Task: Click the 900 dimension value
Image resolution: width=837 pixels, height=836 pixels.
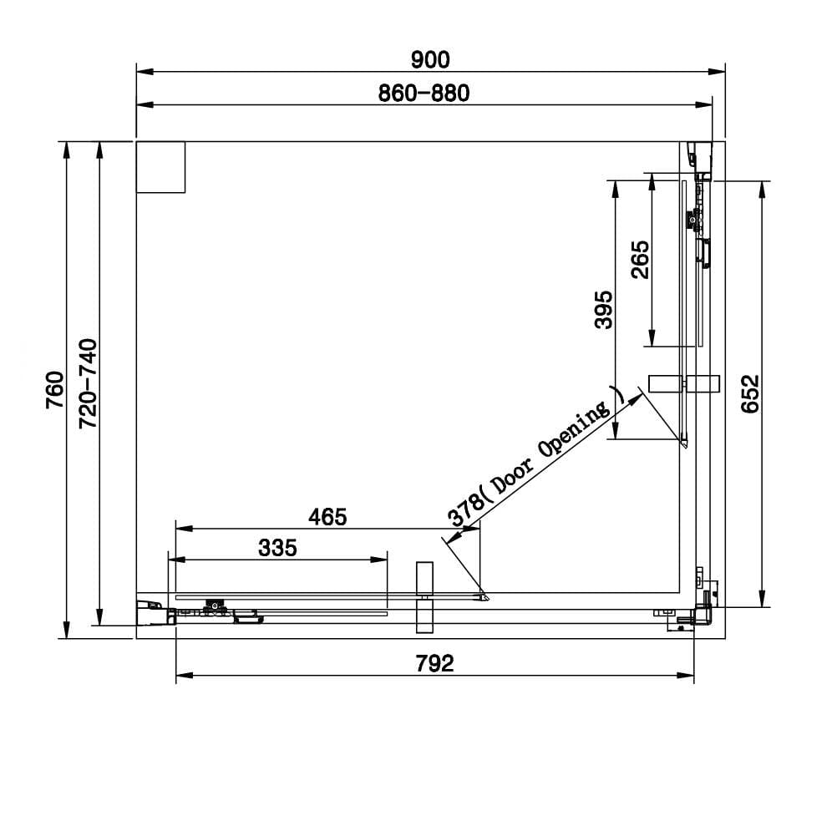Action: (430, 60)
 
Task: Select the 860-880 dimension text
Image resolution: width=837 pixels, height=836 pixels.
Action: (424, 94)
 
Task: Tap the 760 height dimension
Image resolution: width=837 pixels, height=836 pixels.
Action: (55, 390)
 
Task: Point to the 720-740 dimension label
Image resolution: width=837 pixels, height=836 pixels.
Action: (88, 383)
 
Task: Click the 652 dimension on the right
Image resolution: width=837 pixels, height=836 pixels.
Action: (750, 394)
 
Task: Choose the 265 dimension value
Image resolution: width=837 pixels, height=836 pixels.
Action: (640, 260)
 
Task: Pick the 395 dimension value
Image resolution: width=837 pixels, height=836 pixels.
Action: (604, 310)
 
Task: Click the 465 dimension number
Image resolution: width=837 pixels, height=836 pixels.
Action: (327, 517)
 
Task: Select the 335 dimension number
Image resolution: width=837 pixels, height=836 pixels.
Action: (277, 548)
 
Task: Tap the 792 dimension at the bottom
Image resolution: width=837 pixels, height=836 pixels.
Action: (434, 664)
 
